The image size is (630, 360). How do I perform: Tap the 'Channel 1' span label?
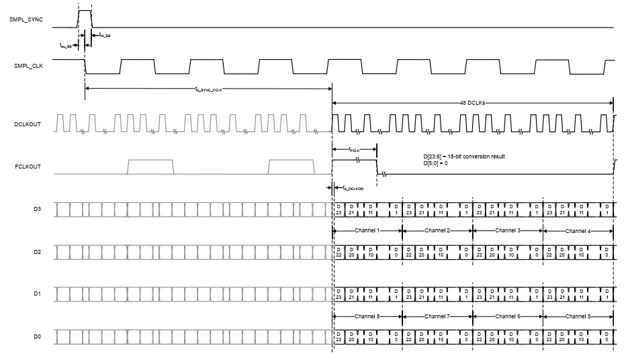point(367,230)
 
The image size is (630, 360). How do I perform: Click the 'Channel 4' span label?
point(578,230)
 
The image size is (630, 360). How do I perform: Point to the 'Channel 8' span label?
point(367,316)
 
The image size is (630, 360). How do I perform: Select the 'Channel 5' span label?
point(578,316)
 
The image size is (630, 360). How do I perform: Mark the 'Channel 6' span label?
point(508,316)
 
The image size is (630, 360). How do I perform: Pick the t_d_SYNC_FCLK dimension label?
point(208,88)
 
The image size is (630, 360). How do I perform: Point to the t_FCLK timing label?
point(355,150)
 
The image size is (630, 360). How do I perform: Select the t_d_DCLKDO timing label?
point(353,189)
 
